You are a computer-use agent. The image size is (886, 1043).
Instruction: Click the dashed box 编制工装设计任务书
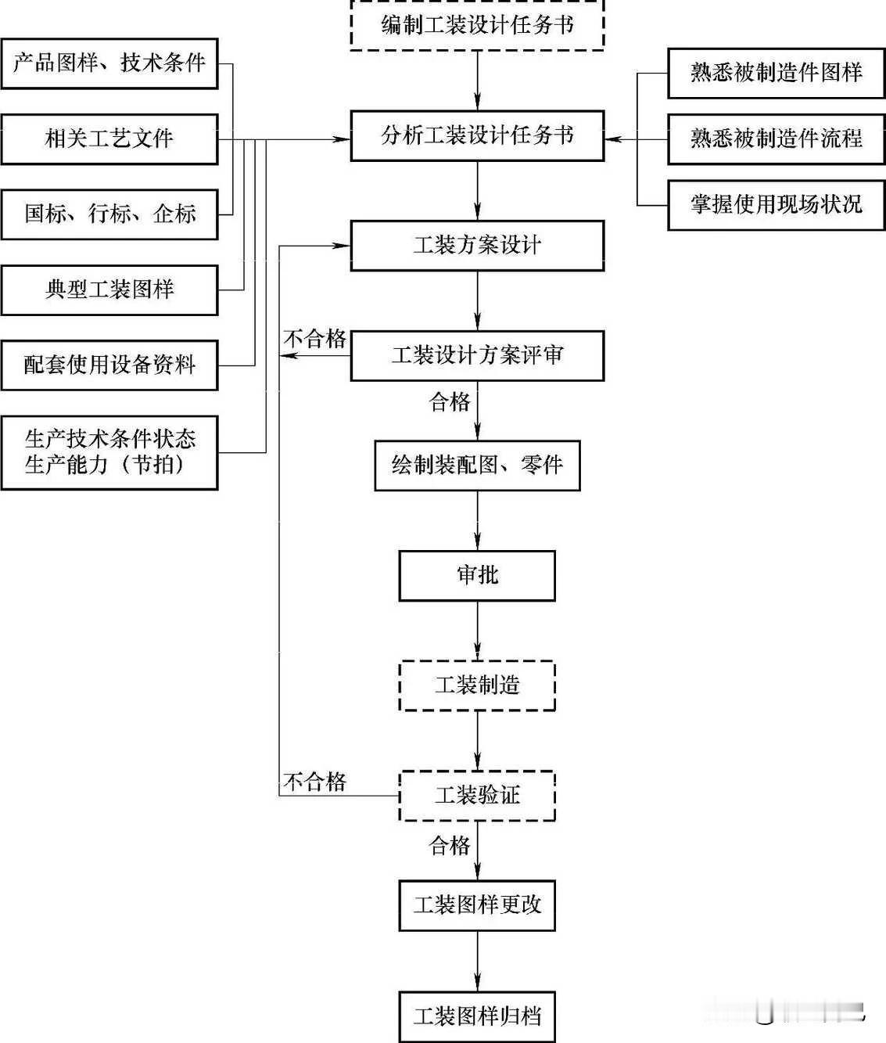coord(477,26)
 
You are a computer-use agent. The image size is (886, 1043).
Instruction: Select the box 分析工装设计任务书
coord(477,136)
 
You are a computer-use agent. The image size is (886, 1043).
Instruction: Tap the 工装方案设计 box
coord(477,246)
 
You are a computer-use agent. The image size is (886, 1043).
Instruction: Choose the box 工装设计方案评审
coord(477,356)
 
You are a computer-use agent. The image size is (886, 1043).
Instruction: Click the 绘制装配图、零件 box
coord(477,466)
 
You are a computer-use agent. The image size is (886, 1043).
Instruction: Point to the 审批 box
coord(477,576)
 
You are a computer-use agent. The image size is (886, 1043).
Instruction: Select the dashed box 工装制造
coord(477,685)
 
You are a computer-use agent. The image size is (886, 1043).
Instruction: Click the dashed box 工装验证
coord(477,796)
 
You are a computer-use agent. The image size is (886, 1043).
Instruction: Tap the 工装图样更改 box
coord(477,905)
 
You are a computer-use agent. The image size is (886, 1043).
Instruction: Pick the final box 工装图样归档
coord(477,1016)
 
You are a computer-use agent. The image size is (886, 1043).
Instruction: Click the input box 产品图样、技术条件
coord(109,63)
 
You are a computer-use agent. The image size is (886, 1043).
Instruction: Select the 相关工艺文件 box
coord(109,139)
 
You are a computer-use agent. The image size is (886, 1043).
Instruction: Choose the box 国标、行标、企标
coord(109,214)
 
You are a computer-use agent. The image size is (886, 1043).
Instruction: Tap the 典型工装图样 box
coord(109,290)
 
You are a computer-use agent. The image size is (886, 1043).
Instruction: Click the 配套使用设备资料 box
coord(109,365)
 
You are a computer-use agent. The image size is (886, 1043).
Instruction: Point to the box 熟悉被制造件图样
coord(776,73)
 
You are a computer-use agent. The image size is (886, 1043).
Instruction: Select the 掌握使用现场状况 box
coord(776,205)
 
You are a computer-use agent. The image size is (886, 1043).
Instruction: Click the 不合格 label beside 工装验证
coord(314,782)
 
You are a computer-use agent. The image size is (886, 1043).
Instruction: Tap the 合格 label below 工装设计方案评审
coord(450,402)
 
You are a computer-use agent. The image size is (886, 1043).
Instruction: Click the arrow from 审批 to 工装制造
coord(477,631)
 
